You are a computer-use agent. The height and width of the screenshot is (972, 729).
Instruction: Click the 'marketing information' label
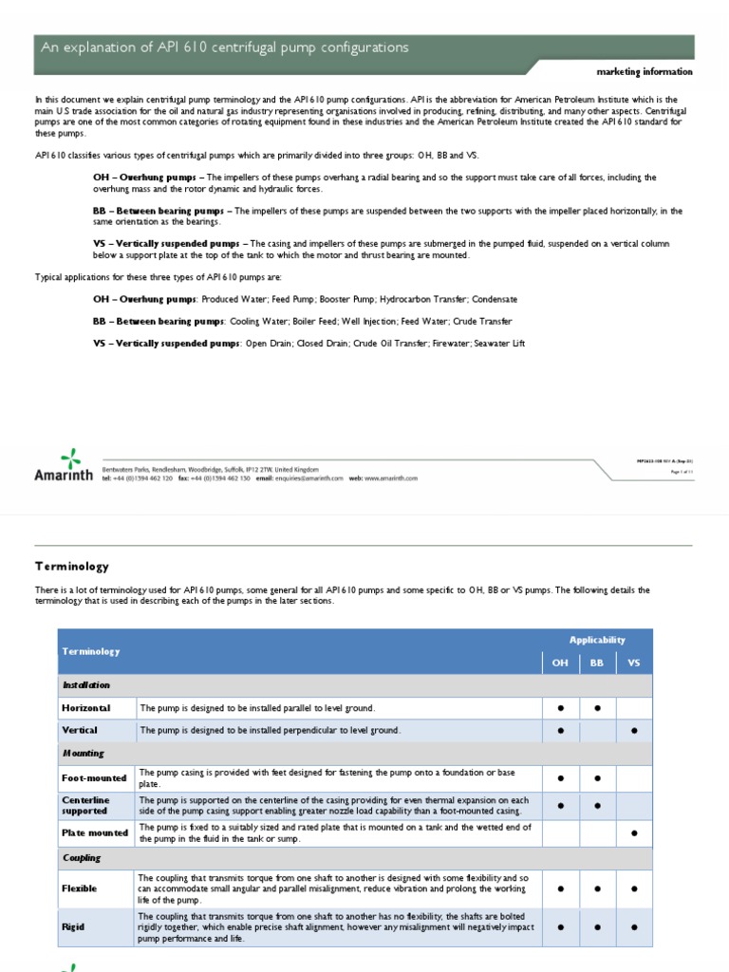coord(644,72)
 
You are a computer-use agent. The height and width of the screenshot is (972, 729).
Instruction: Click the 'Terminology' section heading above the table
coord(71,566)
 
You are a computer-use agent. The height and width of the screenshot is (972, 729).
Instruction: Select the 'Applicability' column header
coord(597,640)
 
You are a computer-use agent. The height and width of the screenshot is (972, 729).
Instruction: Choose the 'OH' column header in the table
coord(560,663)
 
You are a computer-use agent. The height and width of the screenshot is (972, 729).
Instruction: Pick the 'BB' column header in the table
coord(597,663)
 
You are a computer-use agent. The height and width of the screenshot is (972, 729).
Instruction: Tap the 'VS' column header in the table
coord(634,663)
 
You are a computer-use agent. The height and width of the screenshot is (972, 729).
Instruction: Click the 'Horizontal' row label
coord(86,708)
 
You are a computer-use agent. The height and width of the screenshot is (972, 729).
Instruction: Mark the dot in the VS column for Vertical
coord(634,731)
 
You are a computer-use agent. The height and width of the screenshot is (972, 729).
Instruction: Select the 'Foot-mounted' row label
coord(94,778)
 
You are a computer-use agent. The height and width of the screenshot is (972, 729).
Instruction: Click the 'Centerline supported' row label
coord(86,806)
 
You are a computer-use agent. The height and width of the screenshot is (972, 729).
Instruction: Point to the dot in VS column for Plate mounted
coord(634,833)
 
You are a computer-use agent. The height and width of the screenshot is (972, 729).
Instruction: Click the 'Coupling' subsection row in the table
coord(82,858)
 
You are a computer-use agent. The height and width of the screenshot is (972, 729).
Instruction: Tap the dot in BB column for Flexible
coord(597,889)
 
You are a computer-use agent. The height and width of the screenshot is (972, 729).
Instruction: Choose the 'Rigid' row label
coord(74,927)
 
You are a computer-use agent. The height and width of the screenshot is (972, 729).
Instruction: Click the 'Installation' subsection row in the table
coord(86,685)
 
